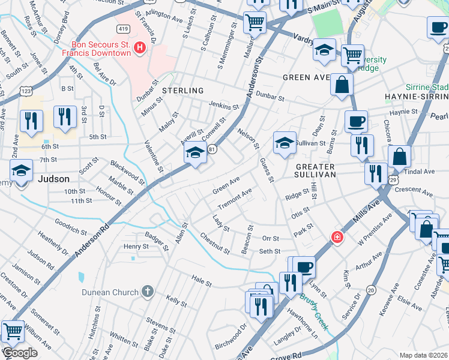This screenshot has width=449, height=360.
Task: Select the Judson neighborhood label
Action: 53,179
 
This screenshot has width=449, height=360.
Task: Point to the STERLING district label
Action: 183,91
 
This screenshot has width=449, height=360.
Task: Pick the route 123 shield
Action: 26,91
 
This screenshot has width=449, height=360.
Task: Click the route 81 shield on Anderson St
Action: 212,148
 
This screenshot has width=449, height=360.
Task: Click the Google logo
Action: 19,353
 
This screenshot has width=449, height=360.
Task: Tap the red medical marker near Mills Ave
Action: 337,238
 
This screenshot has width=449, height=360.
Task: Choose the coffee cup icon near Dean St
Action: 356,122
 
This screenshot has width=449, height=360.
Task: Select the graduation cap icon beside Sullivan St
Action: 285,143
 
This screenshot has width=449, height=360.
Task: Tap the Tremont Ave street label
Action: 234,199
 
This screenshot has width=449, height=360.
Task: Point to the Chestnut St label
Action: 215,245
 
